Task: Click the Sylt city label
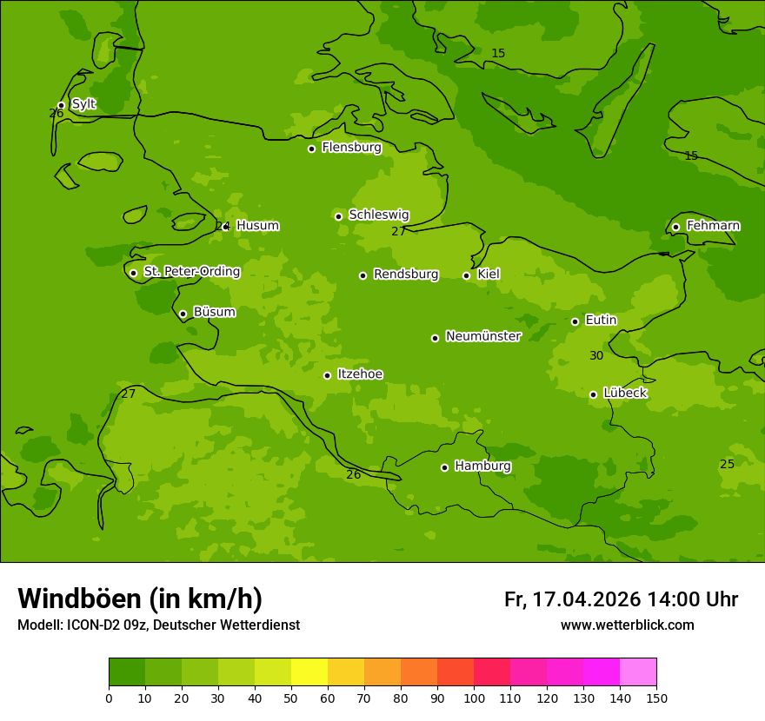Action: [83, 104]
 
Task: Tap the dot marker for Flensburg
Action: [311, 149]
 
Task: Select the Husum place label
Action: [257, 226]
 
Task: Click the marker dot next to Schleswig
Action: [338, 216]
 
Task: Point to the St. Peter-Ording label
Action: [191, 272]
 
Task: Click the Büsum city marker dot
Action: [183, 314]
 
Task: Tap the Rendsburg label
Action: [406, 275]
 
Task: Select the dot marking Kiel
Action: [466, 275]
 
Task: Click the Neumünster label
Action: [483, 336]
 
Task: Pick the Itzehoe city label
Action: [360, 374]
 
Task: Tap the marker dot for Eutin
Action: [575, 321]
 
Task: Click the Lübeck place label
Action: [625, 393]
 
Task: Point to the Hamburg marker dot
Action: [444, 467]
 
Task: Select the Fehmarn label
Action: [713, 226]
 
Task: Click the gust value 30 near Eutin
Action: [596, 355]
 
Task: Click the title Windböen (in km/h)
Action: [140, 599]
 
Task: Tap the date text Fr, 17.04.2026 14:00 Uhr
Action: [621, 599]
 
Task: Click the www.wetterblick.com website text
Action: [627, 625]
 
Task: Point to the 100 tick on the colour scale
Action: [474, 698]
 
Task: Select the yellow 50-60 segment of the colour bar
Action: [309, 672]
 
